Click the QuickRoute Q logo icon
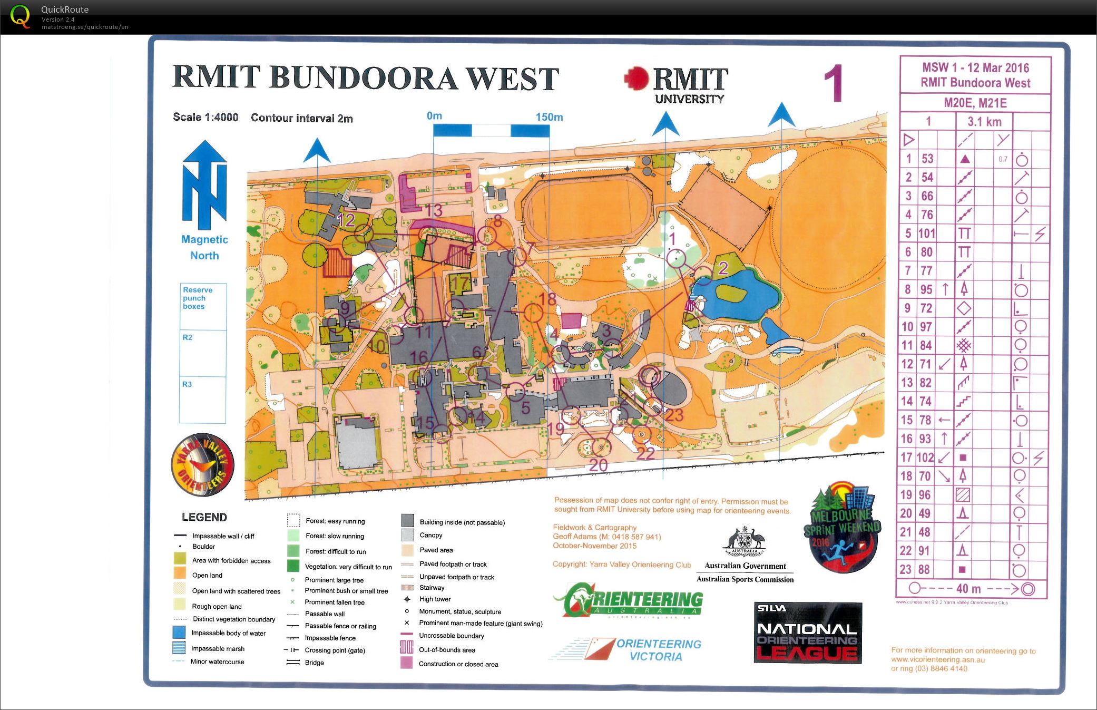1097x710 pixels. (20, 16)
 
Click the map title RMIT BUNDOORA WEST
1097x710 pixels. (365, 79)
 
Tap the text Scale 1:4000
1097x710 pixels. (205, 117)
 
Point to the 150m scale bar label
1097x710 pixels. (549, 117)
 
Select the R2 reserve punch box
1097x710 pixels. (202, 353)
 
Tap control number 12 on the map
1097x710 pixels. (346, 220)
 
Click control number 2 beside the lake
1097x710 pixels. (723, 268)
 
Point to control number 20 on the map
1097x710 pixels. (598, 465)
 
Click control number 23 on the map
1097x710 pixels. (674, 415)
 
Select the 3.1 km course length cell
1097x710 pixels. (984, 122)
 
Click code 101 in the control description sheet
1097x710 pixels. (927, 234)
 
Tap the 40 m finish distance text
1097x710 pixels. (968, 589)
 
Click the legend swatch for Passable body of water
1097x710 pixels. (179, 633)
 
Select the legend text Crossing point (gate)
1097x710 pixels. (335, 650)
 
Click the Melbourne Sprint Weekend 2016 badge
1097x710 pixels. (841, 527)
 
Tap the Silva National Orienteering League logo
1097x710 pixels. (807, 633)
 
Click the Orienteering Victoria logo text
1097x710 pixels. (659, 650)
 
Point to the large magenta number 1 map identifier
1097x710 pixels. (834, 83)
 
